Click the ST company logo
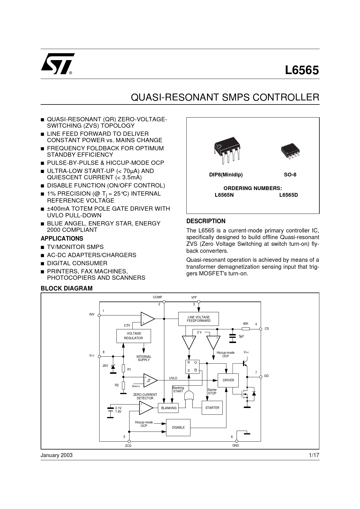click(57, 64)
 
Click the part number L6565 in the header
click(302, 71)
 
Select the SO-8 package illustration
click(290, 151)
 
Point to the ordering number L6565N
click(224, 195)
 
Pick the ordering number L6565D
click(289, 195)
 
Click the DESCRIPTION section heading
click(206, 221)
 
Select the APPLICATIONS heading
click(62, 239)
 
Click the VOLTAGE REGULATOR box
click(134, 336)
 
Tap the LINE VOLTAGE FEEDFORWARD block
click(199, 319)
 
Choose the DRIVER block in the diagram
click(228, 380)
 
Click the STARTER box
click(212, 408)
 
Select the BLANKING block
click(169, 408)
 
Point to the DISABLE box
click(178, 427)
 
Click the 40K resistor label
click(246, 324)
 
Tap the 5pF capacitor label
click(241, 336)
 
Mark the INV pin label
click(92, 314)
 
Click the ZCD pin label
click(128, 446)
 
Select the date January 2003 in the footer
click(57, 455)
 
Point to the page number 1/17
click(314, 455)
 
